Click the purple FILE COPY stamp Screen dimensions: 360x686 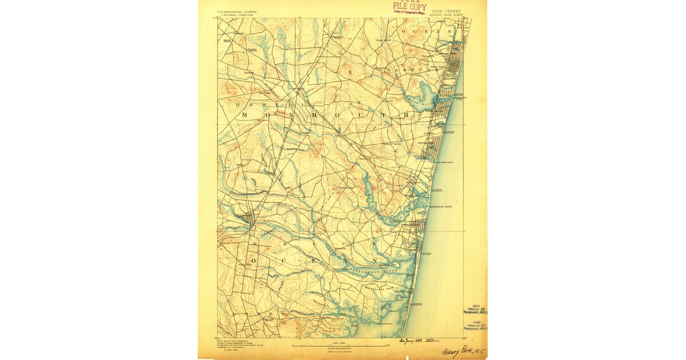click(409, 6)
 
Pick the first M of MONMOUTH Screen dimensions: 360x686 click(245, 115)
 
